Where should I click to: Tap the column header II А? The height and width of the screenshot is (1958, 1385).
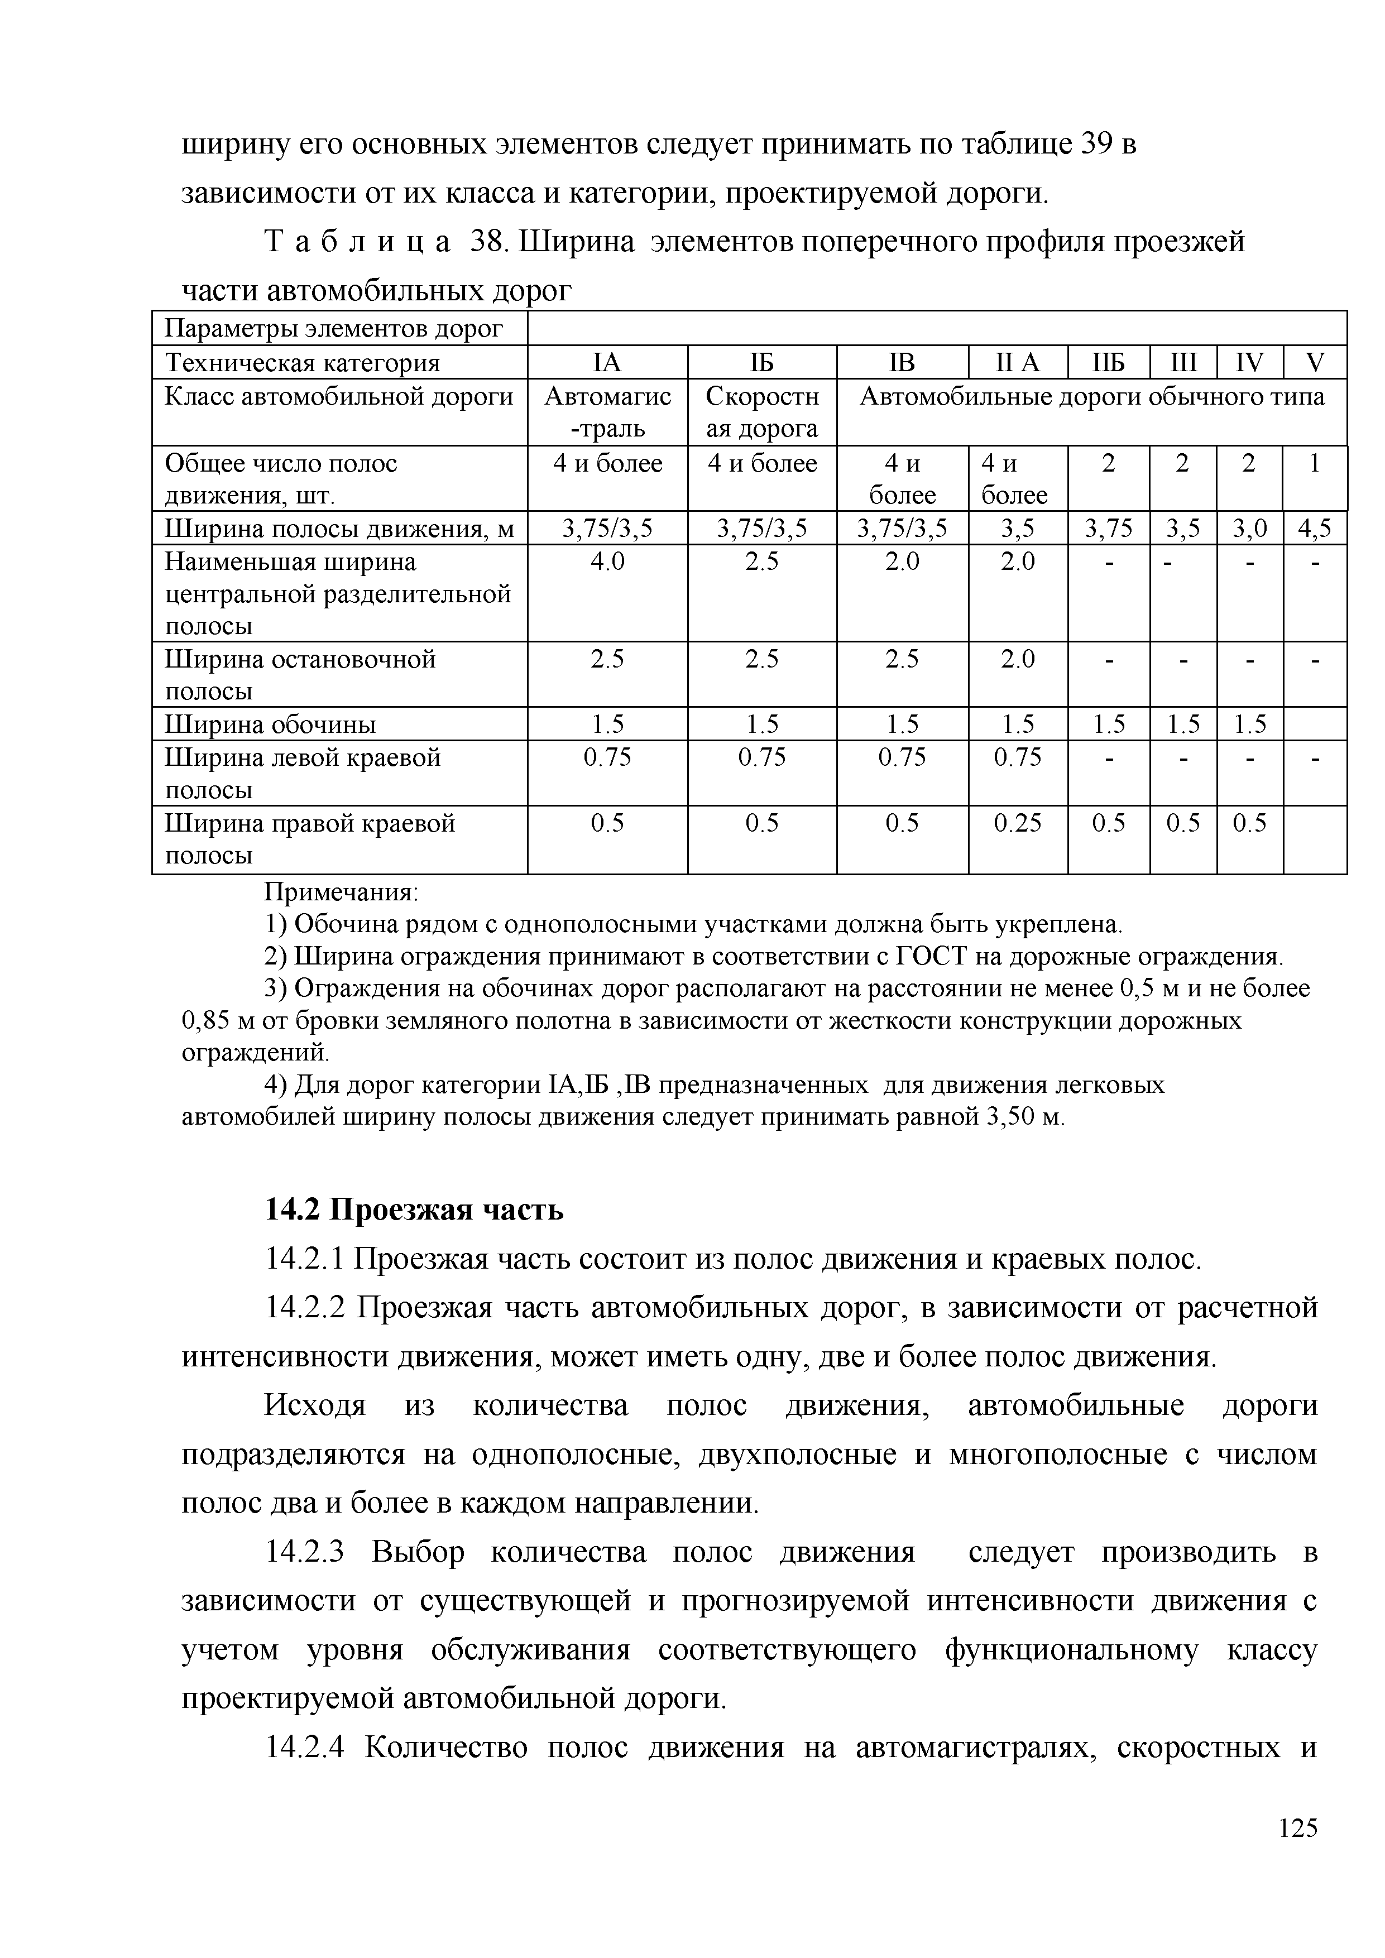click(1018, 363)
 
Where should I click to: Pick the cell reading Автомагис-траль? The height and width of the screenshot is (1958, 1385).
click(607, 412)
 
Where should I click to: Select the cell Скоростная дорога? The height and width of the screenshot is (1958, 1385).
click(761, 412)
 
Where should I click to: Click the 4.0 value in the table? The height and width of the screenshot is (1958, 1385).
click(607, 563)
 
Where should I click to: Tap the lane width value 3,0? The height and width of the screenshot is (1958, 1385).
click(1249, 529)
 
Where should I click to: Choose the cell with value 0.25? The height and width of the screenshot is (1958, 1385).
click(1018, 823)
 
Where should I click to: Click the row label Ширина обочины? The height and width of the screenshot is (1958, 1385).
click(270, 724)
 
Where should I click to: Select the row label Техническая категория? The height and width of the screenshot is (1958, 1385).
click(302, 363)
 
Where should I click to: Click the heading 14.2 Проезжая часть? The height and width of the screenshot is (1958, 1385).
click(414, 1210)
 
